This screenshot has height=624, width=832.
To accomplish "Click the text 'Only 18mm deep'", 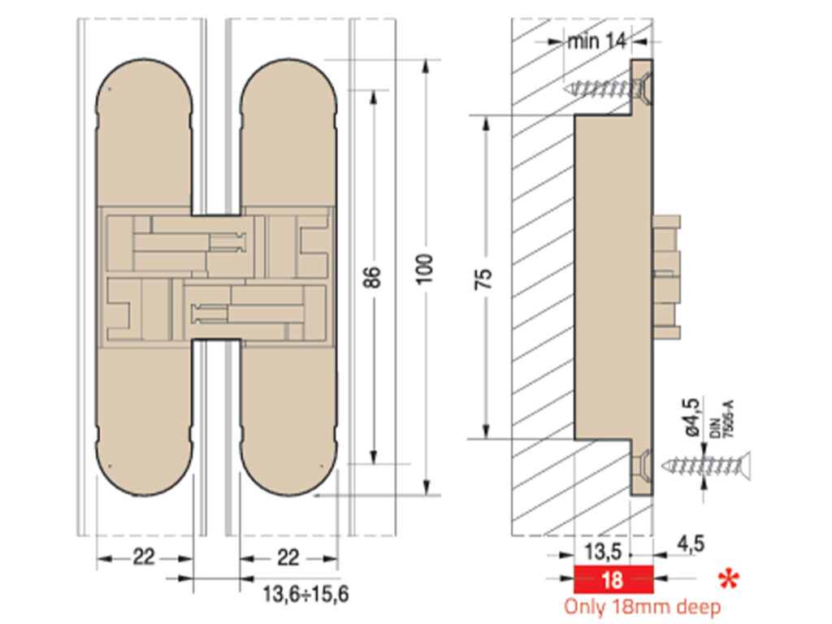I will pos(642,606).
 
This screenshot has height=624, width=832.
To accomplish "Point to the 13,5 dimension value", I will pos(603,553).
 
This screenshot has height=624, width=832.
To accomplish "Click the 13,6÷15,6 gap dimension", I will pos(305,595).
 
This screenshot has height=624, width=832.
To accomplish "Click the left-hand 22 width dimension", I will pos(144,557).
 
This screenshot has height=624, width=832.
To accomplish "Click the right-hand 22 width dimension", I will pos(288,557).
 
